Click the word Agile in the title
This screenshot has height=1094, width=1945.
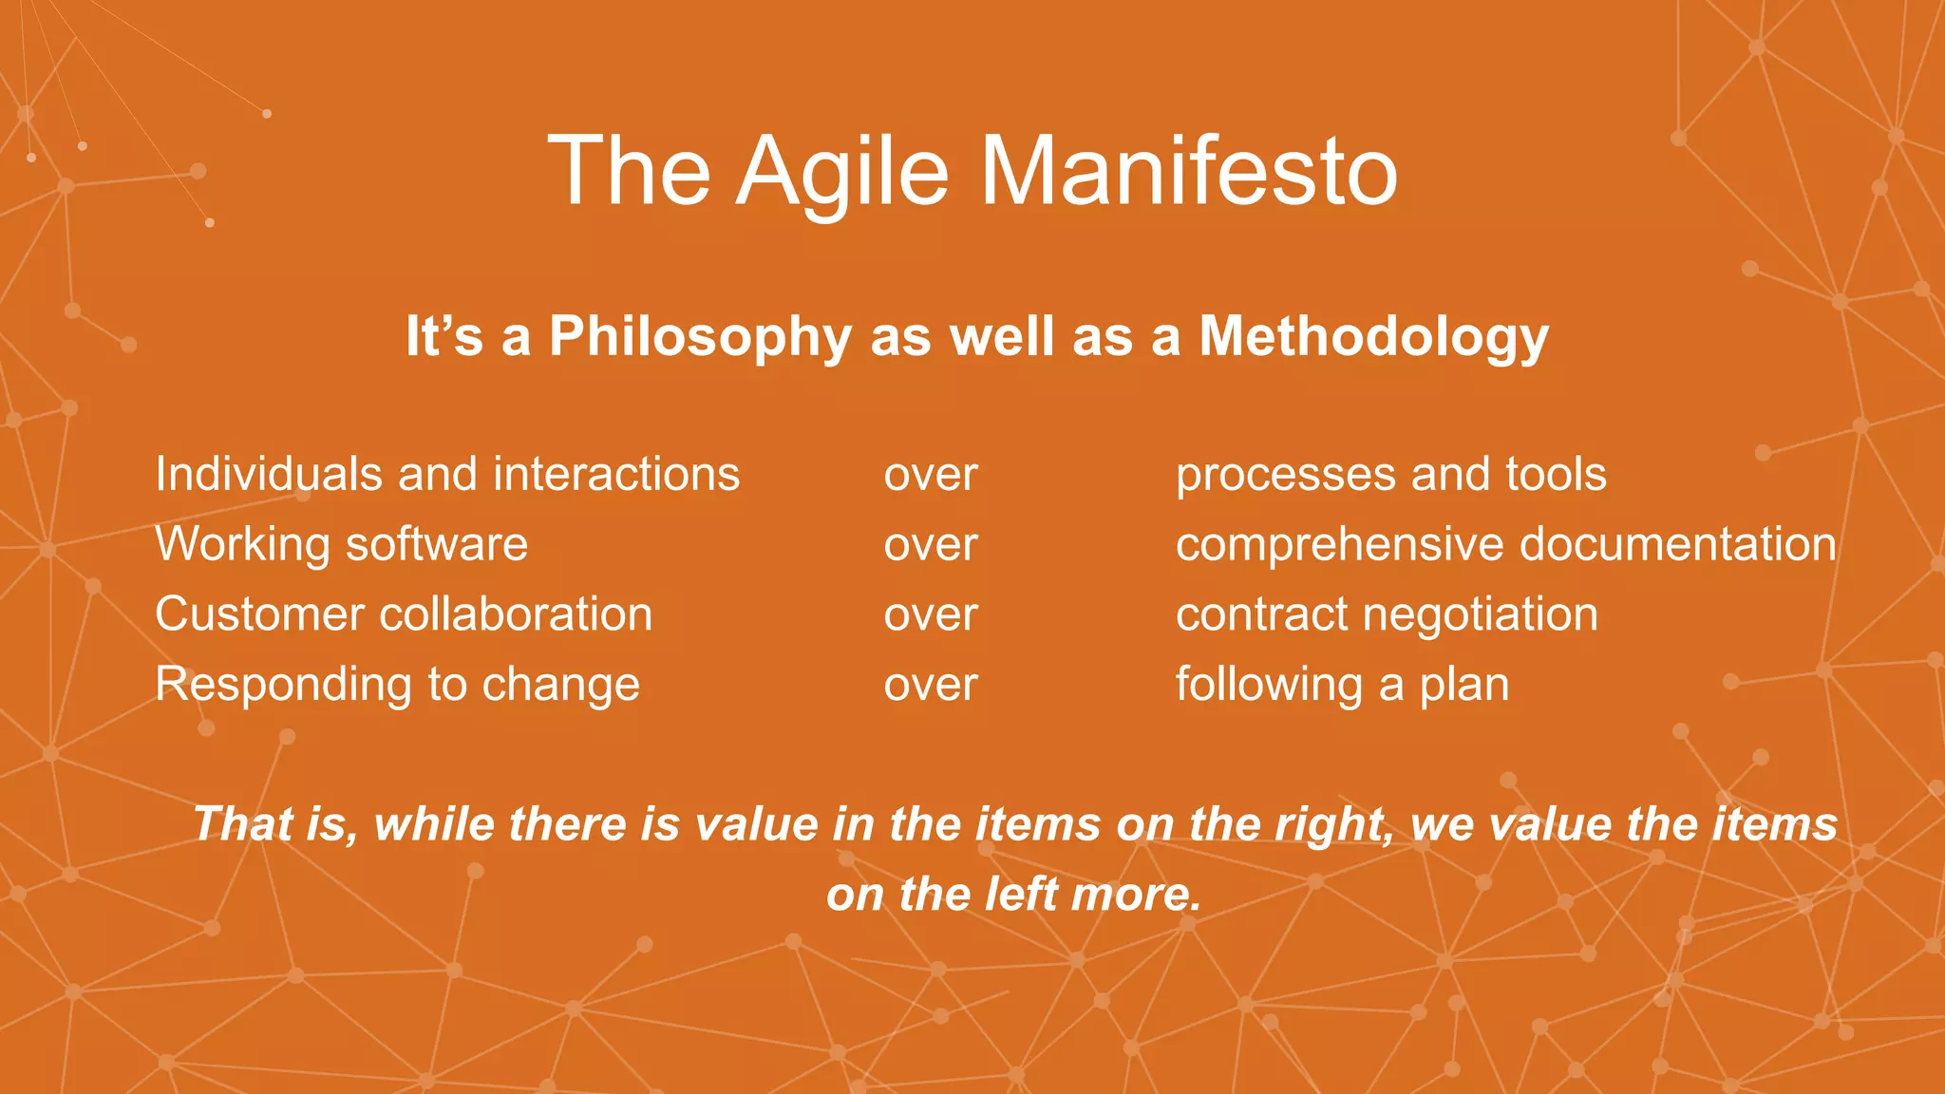coord(842,171)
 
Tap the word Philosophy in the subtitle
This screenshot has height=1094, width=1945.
coord(700,337)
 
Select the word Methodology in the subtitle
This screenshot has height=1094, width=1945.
coord(1373,337)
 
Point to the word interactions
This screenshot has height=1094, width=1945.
coord(616,474)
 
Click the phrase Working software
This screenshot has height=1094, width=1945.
coord(341,544)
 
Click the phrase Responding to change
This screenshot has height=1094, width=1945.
coord(397,685)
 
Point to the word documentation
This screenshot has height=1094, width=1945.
coord(1677,544)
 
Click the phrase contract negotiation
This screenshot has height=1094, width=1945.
coord(1387,614)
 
